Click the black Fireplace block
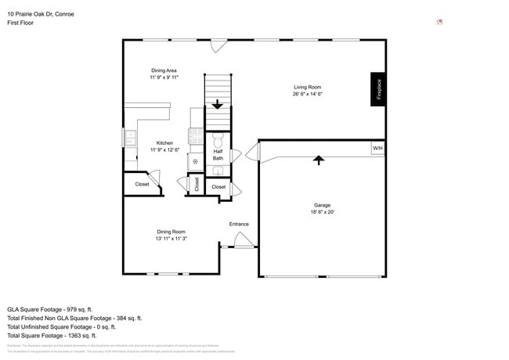(x=378, y=88)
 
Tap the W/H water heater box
(x=377, y=148)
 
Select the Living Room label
(x=308, y=87)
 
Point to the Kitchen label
(x=164, y=142)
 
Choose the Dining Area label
(x=164, y=70)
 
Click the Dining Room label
(x=171, y=231)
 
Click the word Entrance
(x=239, y=224)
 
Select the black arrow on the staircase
(x=218, y=103)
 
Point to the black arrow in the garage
(x=318, y=160)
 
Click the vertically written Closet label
(x=197, y=185)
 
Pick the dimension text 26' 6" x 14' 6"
(x=308, y=94)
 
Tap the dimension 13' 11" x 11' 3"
(x=171, y=238)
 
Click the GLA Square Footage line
(x=50, y=309)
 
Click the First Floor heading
(x=20, y=23)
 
